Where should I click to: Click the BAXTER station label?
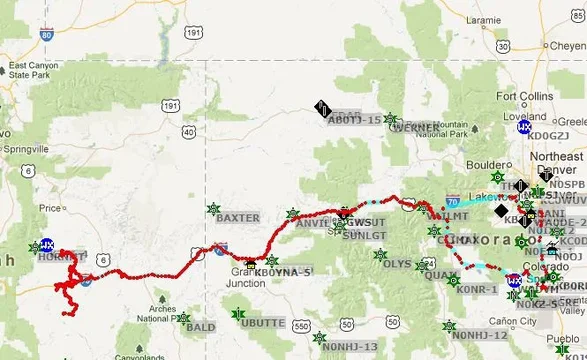[x=237, y=217]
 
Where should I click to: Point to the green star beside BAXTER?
[x=213, y=208]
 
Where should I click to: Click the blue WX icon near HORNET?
[x=46, y=244]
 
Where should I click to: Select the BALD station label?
[x=200, y=327]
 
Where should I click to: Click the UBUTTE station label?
[x=264, y=323]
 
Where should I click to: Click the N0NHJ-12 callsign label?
[x=481, y=335]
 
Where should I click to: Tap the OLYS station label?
[x=397, y=264]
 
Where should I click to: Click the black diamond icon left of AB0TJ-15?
[x=322, y=108]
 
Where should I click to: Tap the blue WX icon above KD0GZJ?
[x=524, y=128]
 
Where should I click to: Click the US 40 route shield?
[x=188, y=130]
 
